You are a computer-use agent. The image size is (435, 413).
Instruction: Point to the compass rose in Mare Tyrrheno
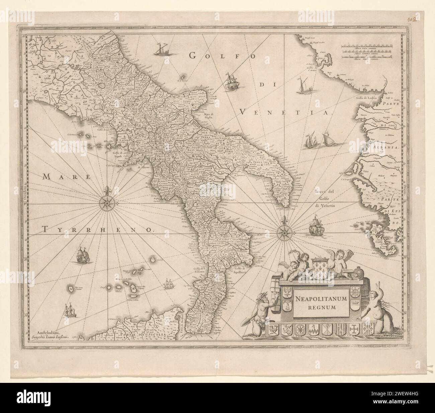(106, 202)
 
